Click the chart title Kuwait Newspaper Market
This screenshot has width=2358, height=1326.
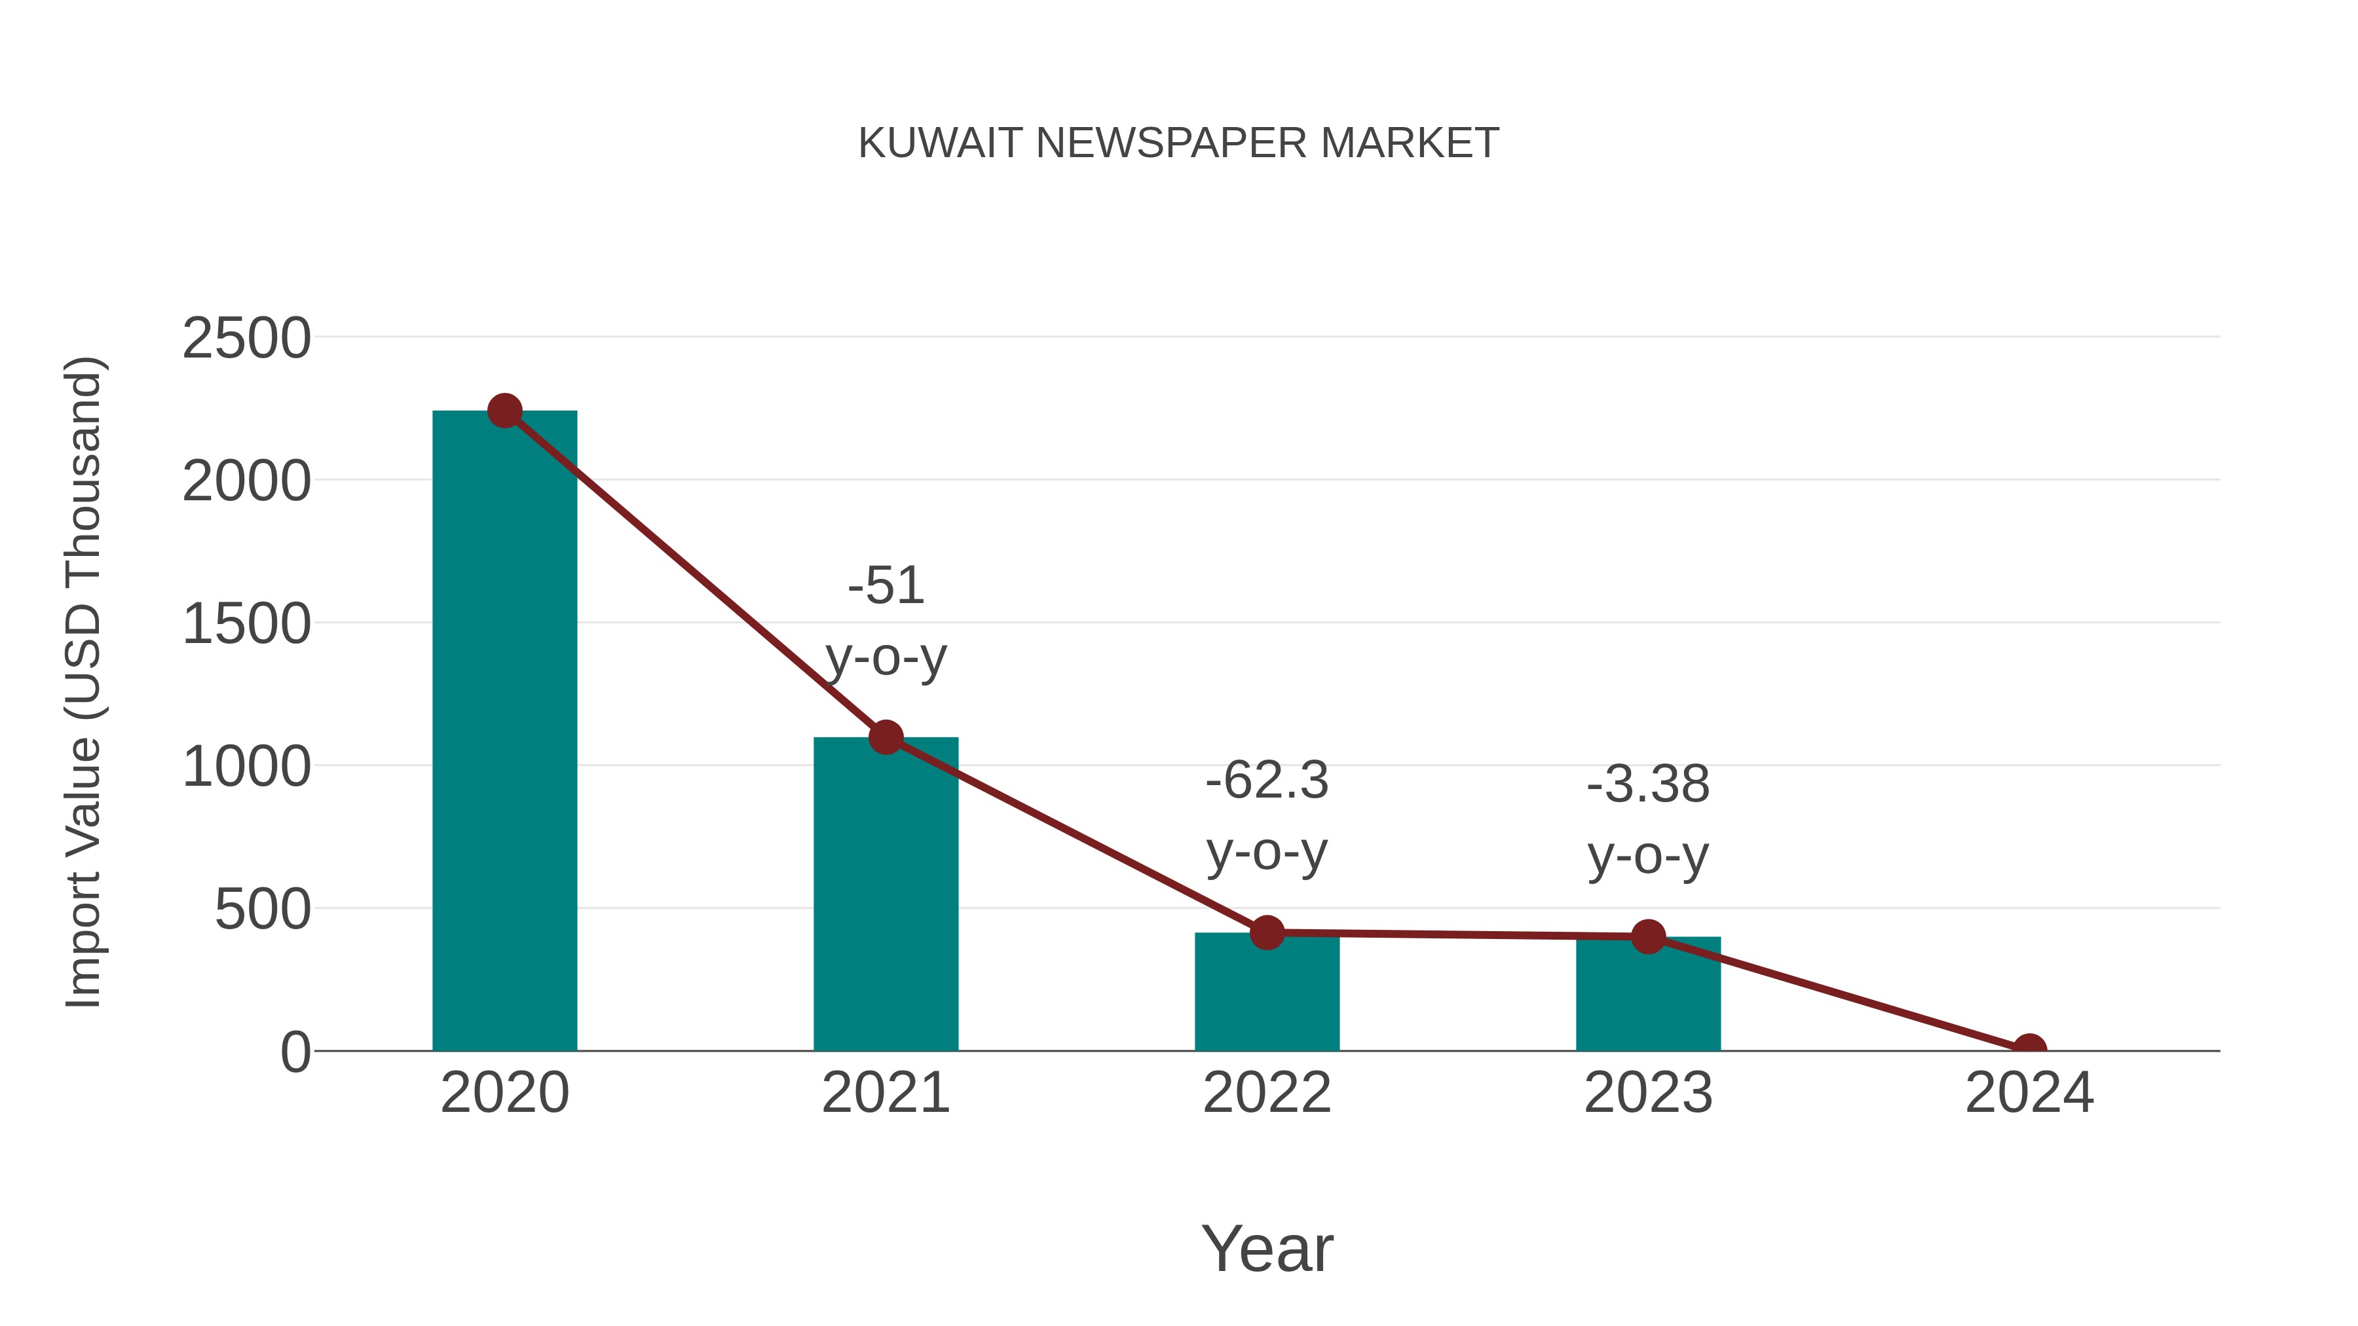tap(1178, 143)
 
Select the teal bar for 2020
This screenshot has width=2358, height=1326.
tap(504, 732)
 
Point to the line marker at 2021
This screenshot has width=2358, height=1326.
tap(885, 737)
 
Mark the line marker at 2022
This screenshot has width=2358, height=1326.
tap(1267, 932)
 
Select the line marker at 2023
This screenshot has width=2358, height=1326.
tap(1648, 936)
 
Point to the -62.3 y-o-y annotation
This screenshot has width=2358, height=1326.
tap(1267, 817)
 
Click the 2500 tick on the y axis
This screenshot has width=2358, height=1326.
tap(246, 339)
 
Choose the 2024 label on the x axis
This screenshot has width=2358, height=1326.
tap(2029, 1093)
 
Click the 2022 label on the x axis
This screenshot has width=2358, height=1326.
tap(1267, 1093)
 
